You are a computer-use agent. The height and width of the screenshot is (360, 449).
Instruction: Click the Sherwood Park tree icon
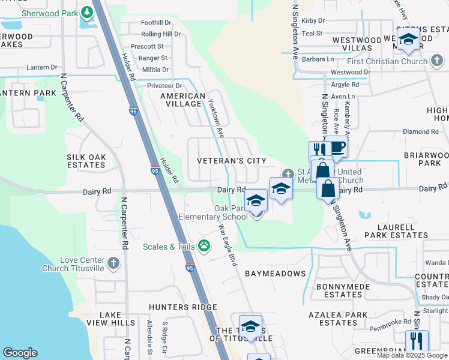[86, 12]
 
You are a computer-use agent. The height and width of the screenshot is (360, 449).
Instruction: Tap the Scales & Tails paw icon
[205, 245]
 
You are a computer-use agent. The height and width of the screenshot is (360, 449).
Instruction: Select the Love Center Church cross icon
[113, 263]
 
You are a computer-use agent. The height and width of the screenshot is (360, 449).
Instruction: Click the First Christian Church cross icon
[437, 60]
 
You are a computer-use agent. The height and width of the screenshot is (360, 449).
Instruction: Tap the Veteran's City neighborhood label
[232, 161]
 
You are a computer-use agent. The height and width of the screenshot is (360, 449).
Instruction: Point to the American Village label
[182, 100]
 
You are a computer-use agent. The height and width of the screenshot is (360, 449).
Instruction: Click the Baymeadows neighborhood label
[276, 274]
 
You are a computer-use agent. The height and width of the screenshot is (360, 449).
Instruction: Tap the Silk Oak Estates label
[86, 160]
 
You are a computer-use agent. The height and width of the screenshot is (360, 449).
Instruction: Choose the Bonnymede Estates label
[339, 290]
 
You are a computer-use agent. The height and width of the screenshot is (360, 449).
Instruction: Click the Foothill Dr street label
[156, 23]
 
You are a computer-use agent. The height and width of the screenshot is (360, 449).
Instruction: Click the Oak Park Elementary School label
[213, 212]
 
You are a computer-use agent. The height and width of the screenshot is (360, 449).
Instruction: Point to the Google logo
[20, 353]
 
